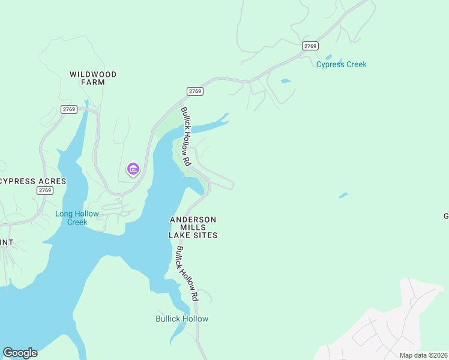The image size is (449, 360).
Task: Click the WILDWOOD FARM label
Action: coord(93,78)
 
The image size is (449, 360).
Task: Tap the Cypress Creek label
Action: coord(341,64)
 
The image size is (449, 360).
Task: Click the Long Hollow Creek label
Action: coord(71,218)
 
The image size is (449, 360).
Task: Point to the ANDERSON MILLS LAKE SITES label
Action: coord(193,227)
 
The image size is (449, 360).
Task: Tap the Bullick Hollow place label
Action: coord(182,319)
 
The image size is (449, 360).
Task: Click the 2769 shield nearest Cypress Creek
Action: coord(310,46)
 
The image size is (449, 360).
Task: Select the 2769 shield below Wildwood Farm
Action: coord(69,109)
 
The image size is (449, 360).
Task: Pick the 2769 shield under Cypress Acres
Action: coord(45,190)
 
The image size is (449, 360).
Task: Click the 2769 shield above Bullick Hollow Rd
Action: coord(195,91)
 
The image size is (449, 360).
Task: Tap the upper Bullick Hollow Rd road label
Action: coord(186,137)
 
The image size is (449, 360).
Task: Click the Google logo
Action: coord(20,353)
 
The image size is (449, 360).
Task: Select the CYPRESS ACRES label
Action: coord(26,181)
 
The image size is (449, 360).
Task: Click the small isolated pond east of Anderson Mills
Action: coord(343,195)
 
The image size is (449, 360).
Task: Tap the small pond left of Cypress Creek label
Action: coord(286,80)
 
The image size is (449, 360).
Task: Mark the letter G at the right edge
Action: coord(445,217)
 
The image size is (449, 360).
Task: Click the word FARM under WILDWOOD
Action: coord(93,82)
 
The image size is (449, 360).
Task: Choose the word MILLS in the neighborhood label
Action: coord(193,227)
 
